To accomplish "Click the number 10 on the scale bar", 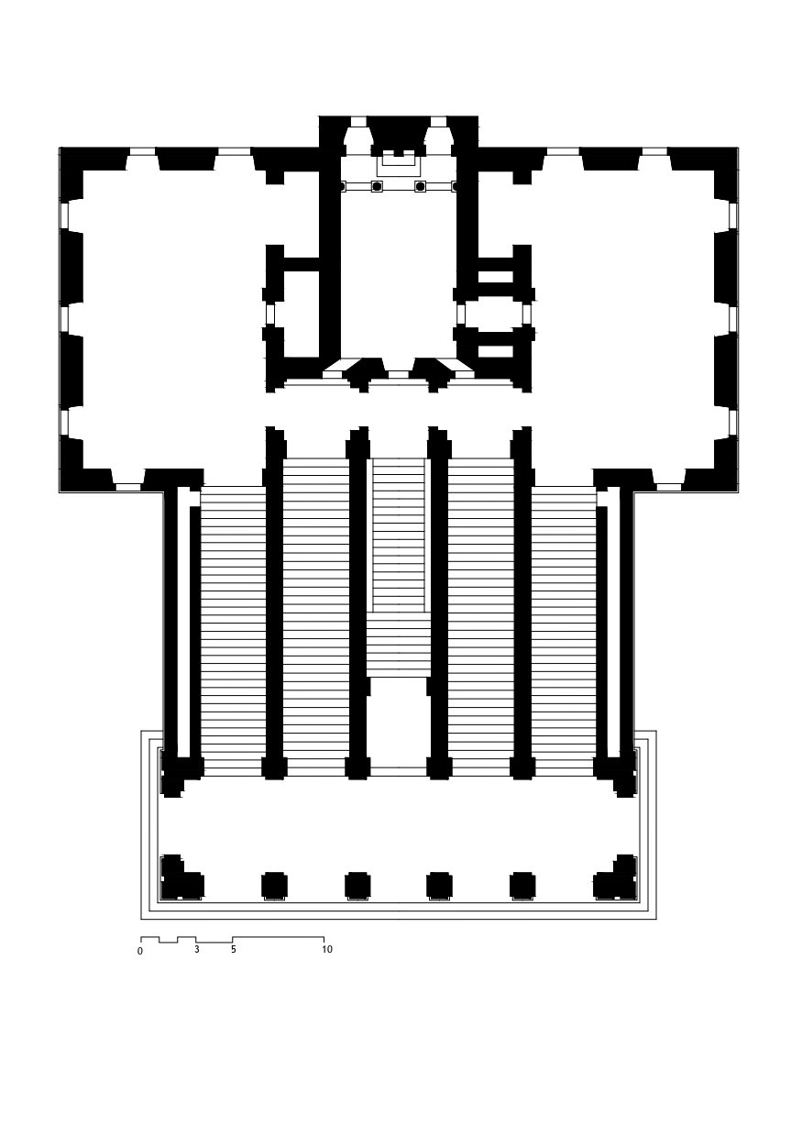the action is click(x=326, y=949).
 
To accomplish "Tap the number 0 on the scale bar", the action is click(x=140, y=951).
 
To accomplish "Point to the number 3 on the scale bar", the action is click(x=197, y=949).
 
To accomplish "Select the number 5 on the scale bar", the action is click(x=234, y=949).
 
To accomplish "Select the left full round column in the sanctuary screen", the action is click(x=377, y=186).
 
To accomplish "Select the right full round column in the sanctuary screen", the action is click(x=420, y=186).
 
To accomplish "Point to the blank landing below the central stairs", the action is click(x=399, y=723).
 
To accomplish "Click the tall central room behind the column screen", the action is click(x=399, y=274).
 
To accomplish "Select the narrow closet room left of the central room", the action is click(x=302, y=314).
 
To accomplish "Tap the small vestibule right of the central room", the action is click(x=494, y=315).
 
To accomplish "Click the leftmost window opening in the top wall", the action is click(x=142, y=151).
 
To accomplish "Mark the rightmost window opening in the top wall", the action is click(x=654, y=151).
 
